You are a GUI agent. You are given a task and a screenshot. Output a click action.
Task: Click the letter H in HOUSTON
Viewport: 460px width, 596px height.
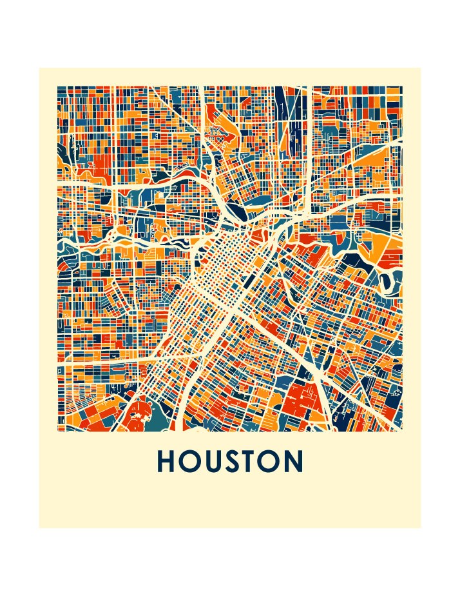[x=167, y=462]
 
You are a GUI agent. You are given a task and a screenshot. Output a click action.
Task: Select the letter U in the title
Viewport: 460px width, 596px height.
[x=215, y=462]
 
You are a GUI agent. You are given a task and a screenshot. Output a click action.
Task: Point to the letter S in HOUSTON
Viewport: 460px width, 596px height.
[x=235, y=462]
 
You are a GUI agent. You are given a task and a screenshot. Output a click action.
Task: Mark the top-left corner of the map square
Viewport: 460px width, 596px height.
[x=57, y=86]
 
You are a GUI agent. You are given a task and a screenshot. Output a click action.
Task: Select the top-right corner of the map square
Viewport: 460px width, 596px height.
[x=403, y=86]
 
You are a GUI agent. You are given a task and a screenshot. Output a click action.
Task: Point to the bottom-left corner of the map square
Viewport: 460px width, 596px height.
[x=57, y=431]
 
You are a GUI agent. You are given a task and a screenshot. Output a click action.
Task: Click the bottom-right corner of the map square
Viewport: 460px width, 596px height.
[x=403, y=431]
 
